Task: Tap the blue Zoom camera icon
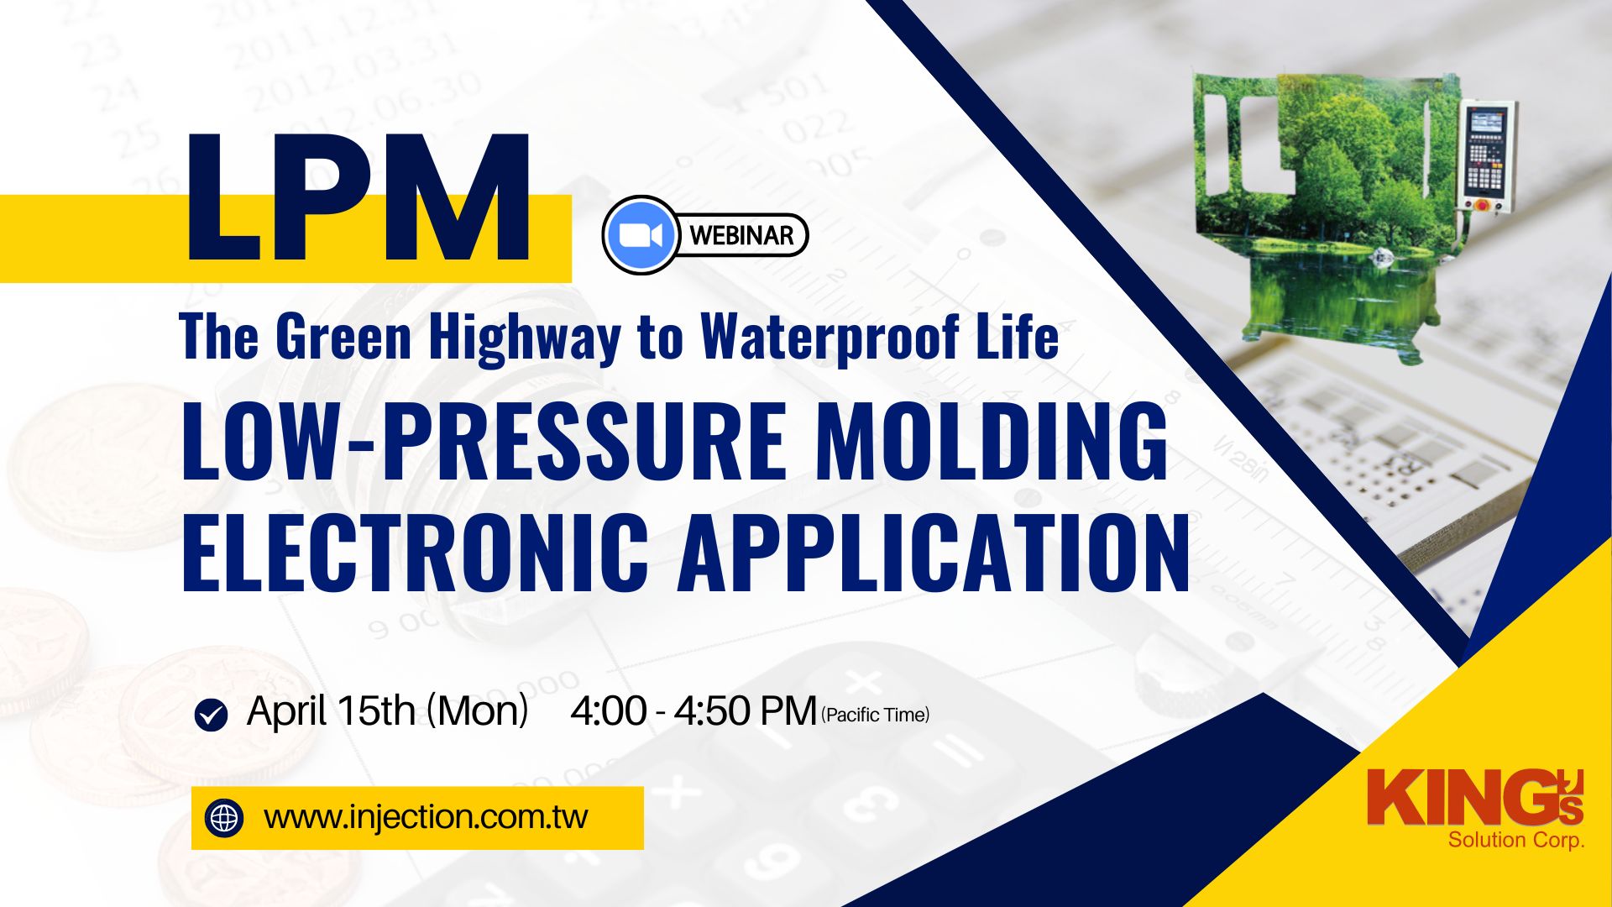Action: pos(641,235)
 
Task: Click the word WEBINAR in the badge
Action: pos(741,235)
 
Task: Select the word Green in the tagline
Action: pos(343,337)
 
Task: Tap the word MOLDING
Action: pos(992,441)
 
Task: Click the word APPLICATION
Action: pos(934,551)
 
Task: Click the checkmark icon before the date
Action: pos(211,715)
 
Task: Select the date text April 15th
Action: pos(331,711)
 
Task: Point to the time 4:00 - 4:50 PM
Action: pos(693,711)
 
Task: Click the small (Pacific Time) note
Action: pos(876,715)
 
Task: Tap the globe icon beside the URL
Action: pos(224,818)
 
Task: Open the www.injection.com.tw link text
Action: pos(426,817)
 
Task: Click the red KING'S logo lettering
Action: pos(1475,798)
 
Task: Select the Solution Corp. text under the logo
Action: pos(1516,840)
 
